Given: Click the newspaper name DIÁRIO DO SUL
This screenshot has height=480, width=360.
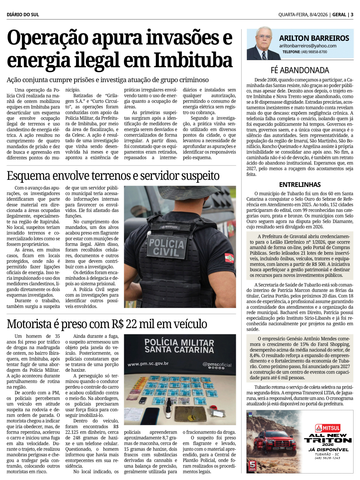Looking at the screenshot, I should pos(23,14).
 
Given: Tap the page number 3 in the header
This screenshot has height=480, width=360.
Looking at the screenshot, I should pos(352,14).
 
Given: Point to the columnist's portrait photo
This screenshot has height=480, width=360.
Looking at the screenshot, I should pos(262,44).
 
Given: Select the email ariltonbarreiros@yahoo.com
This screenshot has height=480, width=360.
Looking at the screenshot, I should pos(308,46).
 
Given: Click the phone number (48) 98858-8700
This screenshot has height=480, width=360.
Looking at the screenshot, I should pos(314,52).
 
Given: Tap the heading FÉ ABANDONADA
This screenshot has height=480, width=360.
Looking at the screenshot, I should pos(300,70).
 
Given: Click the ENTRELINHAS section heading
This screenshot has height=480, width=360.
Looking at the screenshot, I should pos(300,185).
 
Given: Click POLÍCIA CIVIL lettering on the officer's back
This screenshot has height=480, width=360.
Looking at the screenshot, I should pos(166,247).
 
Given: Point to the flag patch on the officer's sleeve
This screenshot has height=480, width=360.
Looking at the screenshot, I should pos(229,258).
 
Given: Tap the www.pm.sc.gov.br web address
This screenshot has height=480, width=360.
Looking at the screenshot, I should pos(148,364).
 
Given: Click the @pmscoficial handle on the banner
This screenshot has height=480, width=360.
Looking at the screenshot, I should pos(217,364).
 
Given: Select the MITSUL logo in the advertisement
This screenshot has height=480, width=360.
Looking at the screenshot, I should pos(328,428).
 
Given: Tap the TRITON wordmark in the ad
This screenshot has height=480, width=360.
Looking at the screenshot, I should pos(328,440).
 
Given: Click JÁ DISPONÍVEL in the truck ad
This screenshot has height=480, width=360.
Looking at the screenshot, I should pos(328,449).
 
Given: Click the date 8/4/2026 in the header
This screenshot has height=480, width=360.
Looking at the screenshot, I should pos(319,14).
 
